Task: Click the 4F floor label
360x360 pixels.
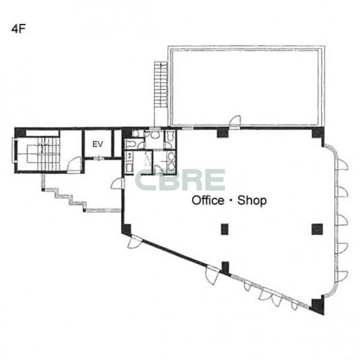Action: click(x=18, y=29)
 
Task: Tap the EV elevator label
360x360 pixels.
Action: click(x=98, y=144)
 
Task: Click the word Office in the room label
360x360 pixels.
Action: click(x=208, y=201)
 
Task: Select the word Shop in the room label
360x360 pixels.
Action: click(x=252, y=201)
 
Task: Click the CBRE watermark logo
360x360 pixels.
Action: click(x=180, y=180)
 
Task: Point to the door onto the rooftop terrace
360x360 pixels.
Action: click(x=235, y=121)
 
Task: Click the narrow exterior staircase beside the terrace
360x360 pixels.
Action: click(x=161, y=85)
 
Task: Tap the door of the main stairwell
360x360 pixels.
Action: click(x=74, y=164)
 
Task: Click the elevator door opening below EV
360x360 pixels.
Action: click(x=98, y=157)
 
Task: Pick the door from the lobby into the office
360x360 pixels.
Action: click(x=118, y=183)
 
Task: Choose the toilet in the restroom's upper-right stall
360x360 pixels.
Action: click(x=170, y=135)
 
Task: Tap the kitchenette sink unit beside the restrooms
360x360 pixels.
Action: click(x=129, y=163)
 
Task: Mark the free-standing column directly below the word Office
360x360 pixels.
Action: click(x=224, y=229)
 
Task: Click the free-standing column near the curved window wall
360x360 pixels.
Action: click(x=317, y=229)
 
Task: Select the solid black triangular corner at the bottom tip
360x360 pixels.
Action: click(x=318, y=306)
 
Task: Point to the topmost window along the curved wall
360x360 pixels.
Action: click(x=341, y=165)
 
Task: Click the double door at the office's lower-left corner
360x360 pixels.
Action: click(x=135, y=242)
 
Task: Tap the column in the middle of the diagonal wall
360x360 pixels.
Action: click(x=226, y=269)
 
